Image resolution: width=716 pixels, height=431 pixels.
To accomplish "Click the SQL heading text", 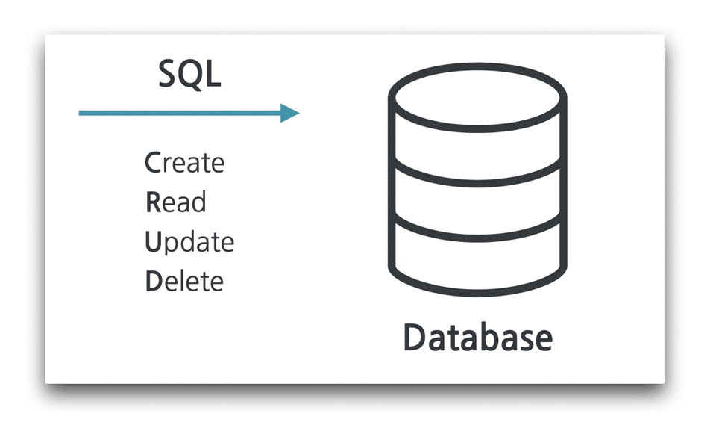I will tap(189, 74).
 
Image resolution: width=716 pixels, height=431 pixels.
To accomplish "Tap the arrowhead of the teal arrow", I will tap(290, 114).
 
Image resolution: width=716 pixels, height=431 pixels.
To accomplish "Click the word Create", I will tap(183, 163).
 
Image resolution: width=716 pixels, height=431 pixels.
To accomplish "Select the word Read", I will tap(175, 202).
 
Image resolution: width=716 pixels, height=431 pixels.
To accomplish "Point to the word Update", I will tap(189, 243).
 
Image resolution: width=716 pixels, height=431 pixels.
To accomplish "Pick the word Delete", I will tap(183, 282).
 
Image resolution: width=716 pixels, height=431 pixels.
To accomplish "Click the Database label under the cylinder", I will tap(477, 338).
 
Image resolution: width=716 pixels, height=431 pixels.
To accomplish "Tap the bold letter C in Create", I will tap(152, 163).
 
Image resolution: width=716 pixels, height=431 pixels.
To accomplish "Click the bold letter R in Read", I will tap(152, 202).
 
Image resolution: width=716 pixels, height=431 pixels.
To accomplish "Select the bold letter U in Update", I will tap(153, 242).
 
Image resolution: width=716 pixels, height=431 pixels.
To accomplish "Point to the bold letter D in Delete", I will tap(153, 282).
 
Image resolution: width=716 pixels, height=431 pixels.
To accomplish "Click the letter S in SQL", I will tap(169, 74).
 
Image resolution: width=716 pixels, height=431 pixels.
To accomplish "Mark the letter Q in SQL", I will tap(191, 75).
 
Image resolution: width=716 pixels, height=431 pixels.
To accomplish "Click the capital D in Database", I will tap(415, 338).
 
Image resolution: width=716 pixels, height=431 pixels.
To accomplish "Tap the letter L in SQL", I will tap(213, 74).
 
